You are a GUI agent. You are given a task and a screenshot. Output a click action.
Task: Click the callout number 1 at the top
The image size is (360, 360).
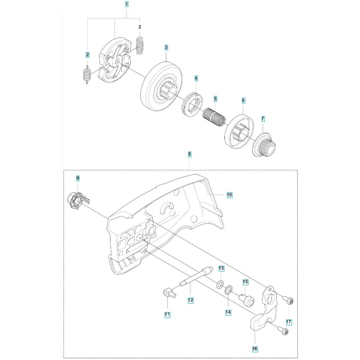click(126, 4)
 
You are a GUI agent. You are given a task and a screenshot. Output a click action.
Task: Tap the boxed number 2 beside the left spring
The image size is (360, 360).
click(87, 55)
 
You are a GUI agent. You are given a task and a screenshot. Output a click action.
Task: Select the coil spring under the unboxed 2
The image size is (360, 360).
click(139, 45)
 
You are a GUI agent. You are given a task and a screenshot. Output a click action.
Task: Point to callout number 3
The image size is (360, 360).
click(166, 48)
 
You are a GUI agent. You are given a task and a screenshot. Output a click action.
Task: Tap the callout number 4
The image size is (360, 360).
click(196, 78)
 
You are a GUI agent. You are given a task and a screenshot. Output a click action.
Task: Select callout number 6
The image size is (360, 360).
click(243, 100)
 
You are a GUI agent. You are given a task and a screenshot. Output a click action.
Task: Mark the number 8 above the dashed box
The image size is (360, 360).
click(189, 154)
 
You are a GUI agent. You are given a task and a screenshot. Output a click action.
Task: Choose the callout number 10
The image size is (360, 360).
click(230, 195)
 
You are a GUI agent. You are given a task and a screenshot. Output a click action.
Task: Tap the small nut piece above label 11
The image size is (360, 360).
click(170, 293)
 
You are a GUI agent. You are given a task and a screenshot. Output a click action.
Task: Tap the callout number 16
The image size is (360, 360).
click(255, 349)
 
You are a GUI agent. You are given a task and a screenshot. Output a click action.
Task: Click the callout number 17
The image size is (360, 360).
click(289, 322)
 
